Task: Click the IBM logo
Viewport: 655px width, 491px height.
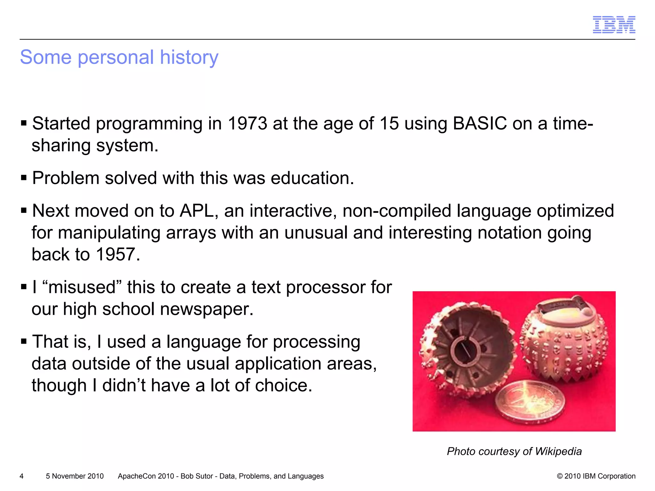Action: pyautogui.click(x=614, y=25)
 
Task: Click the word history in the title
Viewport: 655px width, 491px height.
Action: pyautogui.click(x=189, y=57)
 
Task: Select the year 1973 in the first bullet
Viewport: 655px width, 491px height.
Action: pyautogui.click(x=247, y=123)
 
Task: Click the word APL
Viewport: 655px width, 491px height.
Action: pyautogui.click(x=196, y=211)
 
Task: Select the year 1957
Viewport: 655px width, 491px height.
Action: pyautogui.click(x=116, y=254)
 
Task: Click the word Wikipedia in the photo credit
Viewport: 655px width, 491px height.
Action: pyautogui.click(x=558, y=451)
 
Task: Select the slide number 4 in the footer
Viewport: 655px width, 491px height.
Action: pyautogui.click(x=21, y=476)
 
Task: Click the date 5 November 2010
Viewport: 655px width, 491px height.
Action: pyautogui.click(x=75, y=476)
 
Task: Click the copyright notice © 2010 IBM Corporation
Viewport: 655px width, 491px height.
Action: pyautogui.click(x=596, y=476)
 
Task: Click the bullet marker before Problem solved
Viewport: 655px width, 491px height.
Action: pyautogui.click(x=24, y=178)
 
